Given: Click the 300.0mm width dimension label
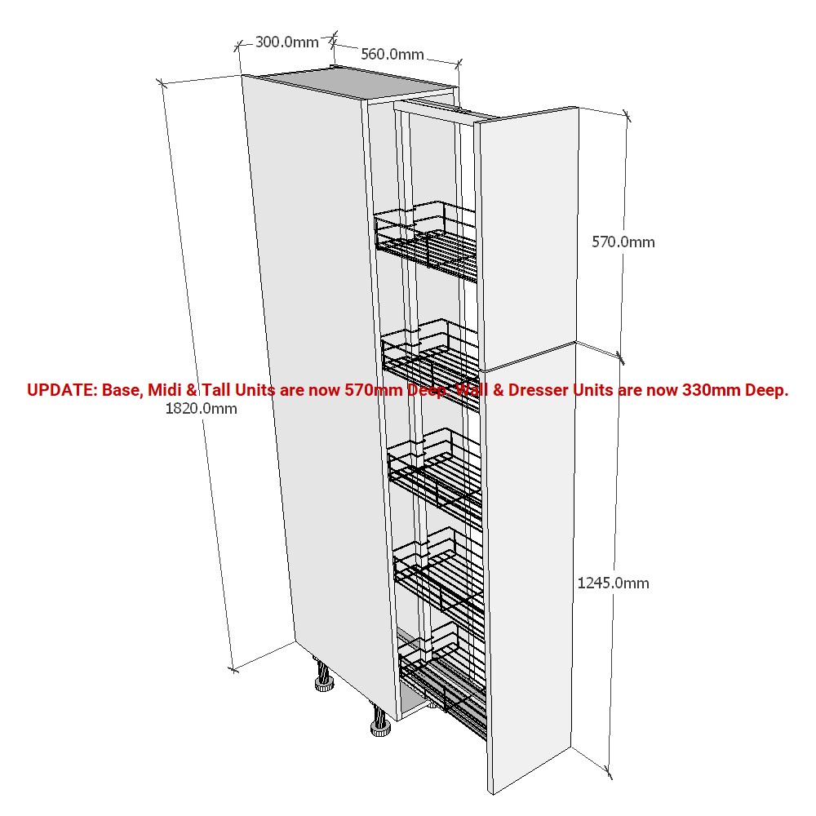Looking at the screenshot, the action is tap(286, 42).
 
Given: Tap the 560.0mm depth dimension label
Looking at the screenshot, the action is tap(392, 54).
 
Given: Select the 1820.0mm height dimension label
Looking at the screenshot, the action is tap(201, 409).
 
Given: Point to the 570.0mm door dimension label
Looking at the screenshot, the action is tap(623, 242).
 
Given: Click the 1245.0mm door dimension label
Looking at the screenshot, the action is tap(613, 583).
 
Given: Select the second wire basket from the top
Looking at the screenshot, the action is tap(431, 364).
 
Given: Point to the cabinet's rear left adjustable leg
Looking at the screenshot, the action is tap(323, 676).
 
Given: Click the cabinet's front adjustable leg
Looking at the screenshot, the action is tap(380, 720).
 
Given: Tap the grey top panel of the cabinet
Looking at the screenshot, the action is tap(359, 83).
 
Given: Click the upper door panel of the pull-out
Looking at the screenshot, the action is tap(528, 238).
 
